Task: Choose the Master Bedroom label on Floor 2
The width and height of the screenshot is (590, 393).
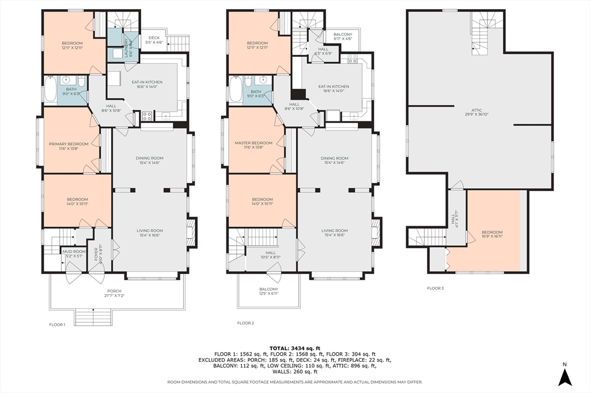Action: pos(254,145)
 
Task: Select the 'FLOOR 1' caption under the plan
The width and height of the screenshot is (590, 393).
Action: pos(57,324)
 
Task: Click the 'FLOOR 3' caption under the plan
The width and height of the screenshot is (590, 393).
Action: pos(435,288)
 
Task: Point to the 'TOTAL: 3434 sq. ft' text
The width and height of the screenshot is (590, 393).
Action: pos(295,348)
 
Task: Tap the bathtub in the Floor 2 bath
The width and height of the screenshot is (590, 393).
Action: pos(236,90)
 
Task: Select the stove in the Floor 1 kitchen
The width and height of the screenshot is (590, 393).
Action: pos(146,116)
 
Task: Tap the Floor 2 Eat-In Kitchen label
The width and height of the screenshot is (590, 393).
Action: pos(334,89)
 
